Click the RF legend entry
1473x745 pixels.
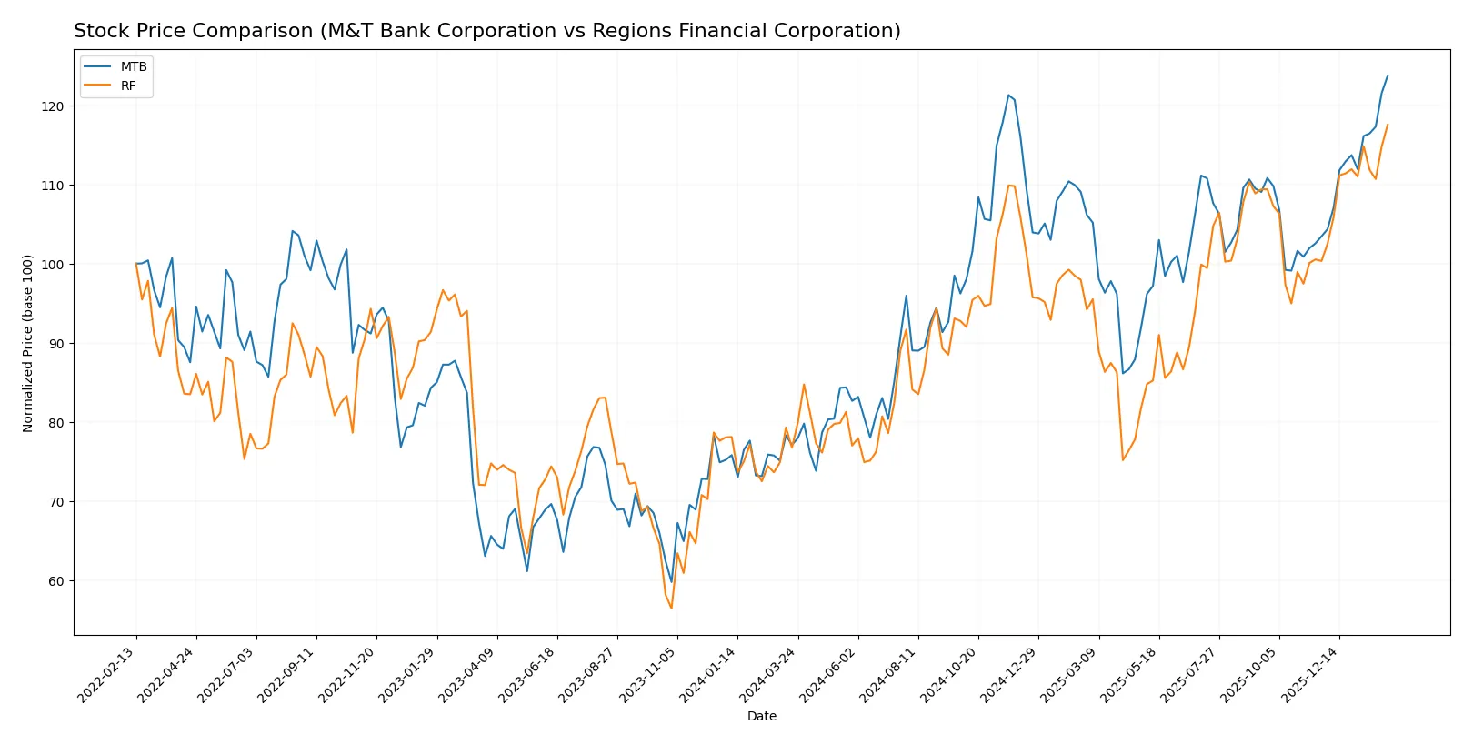pyautogui.click(x=128, y=86)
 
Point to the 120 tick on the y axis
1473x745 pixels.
pyautogui.click(x=53, y=106)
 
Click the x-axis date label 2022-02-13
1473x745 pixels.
pyautogui.click(x=107, y=674)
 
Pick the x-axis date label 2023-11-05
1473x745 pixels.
pyautogui.click(x=648, y=674)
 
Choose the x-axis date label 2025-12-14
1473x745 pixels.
pyautogui.click(x=1310, y=674)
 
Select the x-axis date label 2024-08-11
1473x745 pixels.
pyautogui.click(x=889, y=674)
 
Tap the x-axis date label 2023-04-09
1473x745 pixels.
pyautogui.click(x=468, y=674)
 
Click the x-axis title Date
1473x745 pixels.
pyautogui.click(x=761, y=717)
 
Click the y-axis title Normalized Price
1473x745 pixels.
pyautogui.click(x=28, y=343)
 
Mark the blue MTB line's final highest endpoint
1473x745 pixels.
pyautogui.click(x=1388, y=76)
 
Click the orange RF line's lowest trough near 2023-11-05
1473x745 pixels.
pyautogui.click(x=672, y=609)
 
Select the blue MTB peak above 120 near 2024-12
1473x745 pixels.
pyautogui.click(x=1008, y=95)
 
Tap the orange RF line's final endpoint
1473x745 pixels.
pyautogui.click(x=1388, y=125)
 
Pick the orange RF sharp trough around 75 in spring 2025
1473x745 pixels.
pyautogui.click(x=1123, y=460)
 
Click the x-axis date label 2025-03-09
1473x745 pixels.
pyautogui.click(x=1069, y=674)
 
